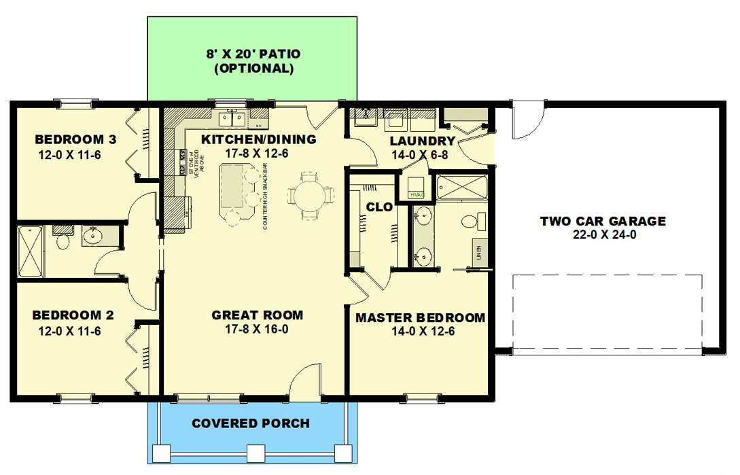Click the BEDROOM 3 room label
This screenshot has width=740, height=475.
[x=75, y=140]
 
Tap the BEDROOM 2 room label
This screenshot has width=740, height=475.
[x=73, y=315]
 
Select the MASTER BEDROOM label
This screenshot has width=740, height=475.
[x=420, y=318]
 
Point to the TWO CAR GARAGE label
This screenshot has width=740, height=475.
[x=603, y=221]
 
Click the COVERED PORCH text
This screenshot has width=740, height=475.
[x=250, y=423]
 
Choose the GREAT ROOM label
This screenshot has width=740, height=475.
[x=257, y=315]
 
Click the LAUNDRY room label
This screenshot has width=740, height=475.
[x=422, y=141]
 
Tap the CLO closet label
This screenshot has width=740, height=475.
[x=379, y=207]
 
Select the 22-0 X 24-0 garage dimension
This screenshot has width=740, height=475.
[x=603, y=235]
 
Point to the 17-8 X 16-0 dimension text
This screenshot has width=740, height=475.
[x=257, y=330]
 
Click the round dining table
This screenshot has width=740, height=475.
[x=309, y=195]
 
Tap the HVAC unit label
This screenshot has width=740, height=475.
[x=417, y=195]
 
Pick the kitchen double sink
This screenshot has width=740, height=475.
[x=232, y=119]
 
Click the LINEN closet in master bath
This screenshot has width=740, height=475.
[x=480, y=252]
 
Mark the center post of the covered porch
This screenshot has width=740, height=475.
[x=255, y=453]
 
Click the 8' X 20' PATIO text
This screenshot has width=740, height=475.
[x=253, y=54]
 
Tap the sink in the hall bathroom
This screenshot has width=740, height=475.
[x=92, y=236]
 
